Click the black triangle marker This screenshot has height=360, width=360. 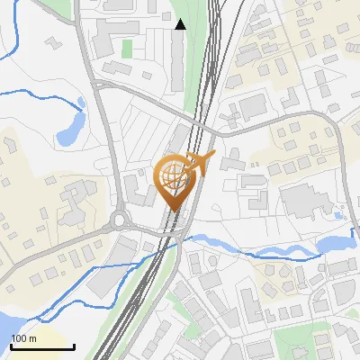coord(181,24)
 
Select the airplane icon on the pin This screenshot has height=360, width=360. coord(199,162)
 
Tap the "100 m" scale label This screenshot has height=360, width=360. coord(23,338)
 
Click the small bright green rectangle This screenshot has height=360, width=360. coord(127,47)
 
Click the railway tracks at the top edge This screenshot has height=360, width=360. coord(217,7)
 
